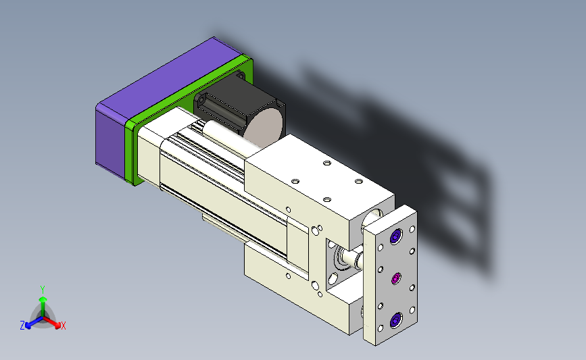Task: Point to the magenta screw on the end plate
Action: click(x=396, y=278)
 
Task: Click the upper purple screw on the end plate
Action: click(x=396, y=236)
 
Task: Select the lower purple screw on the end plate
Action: click(x=396, y=320)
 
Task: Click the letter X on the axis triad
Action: click(x=63, y=326)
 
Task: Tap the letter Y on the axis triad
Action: click(x=43, y=290)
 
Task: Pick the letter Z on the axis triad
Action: click(x=22, y=326)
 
